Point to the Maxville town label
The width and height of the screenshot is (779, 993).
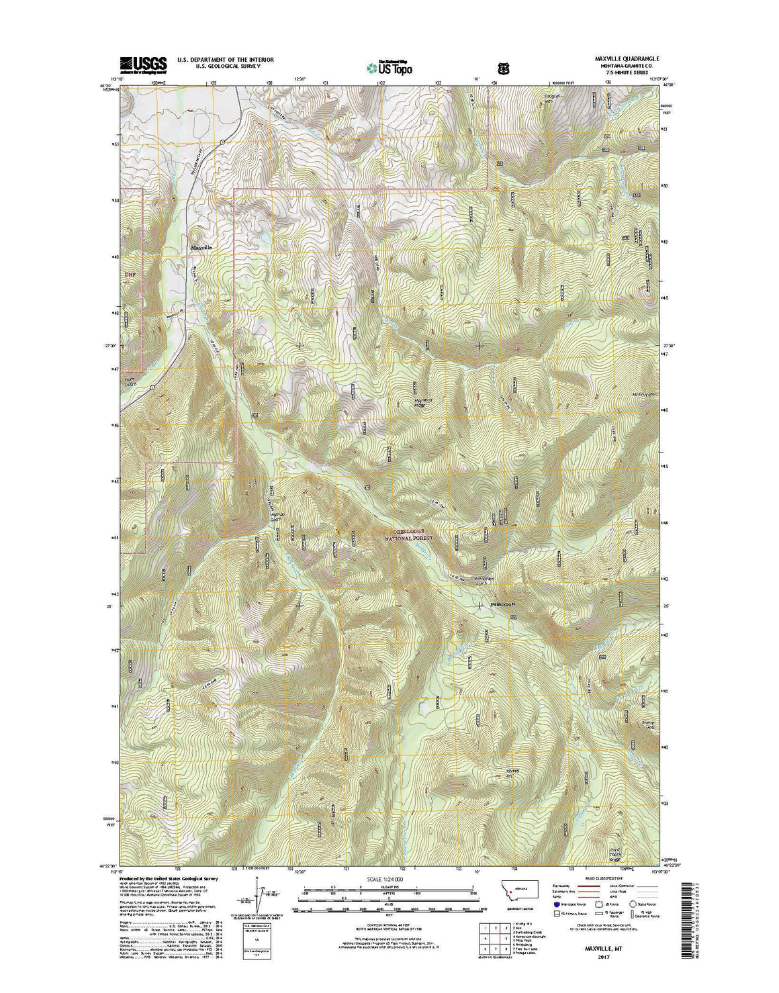click(201, 248)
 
